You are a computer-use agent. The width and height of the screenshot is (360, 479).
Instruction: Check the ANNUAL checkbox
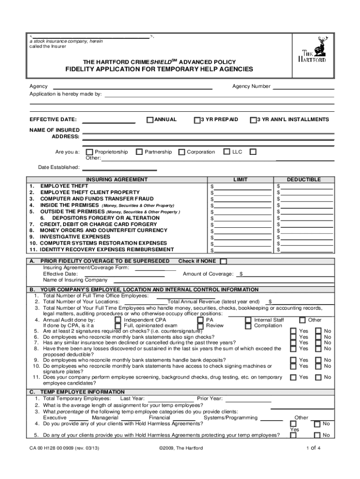pos(150,120)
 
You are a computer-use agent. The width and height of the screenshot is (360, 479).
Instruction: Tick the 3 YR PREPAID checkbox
pos(197,120)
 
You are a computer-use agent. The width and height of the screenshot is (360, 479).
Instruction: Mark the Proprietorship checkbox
pos(90,152)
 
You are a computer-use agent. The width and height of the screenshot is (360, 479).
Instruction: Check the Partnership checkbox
pos(139,152)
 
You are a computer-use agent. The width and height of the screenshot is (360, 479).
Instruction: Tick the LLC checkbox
pos(226,152)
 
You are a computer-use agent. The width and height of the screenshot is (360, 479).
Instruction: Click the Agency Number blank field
pos(303,86)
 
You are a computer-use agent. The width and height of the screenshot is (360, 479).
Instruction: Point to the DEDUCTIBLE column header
pos(303,180)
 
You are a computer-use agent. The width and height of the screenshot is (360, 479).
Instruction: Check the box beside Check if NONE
pos(223,261)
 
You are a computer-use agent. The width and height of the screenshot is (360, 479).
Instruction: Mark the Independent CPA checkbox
pos(118,320)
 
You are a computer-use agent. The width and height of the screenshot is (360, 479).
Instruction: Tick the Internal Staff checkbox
pos(248,320)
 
